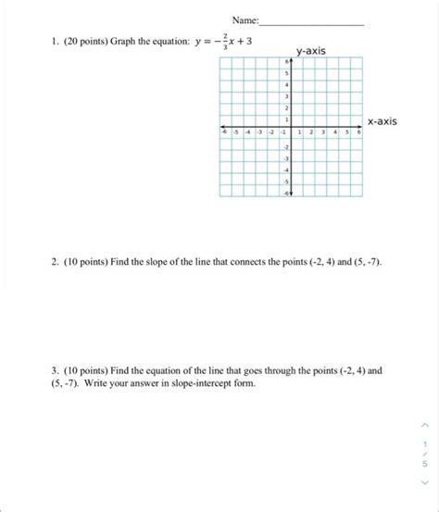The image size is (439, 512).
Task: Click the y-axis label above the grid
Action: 310,50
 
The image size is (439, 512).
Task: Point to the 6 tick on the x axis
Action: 359,134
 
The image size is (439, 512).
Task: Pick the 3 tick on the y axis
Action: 287,95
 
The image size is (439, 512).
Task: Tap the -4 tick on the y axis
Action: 286,170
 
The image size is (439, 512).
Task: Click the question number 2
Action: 55,263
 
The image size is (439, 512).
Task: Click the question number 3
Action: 55,368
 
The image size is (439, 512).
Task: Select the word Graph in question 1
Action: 122,43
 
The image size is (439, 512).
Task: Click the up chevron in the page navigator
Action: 423,425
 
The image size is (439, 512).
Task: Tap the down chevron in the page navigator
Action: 423,481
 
